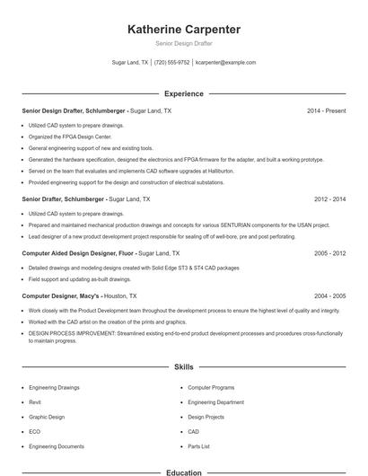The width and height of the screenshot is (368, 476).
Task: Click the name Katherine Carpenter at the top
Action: (184, 29)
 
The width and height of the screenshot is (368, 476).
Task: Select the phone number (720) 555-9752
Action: (171, 63)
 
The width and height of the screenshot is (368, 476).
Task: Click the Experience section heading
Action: (184, 93)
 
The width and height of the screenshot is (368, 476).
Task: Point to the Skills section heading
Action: (184, 367)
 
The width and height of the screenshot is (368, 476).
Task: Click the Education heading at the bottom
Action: (184, 472)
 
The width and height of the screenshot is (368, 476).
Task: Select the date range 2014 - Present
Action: (326, 110)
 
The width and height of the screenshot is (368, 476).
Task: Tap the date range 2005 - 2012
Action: (329, 253)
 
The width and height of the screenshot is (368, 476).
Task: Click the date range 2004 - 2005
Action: (329, 295)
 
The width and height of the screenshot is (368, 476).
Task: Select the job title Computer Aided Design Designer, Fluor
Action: (78, 253)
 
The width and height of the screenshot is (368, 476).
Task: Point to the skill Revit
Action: (35, 402)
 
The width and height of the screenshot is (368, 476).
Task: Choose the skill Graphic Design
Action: (47, 417)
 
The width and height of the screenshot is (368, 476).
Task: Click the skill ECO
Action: (34, 431)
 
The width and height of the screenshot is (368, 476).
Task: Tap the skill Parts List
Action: (198, 445)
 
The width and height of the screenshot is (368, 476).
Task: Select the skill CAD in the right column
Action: (193, 431)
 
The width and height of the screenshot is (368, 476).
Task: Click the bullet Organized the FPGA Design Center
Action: (66, 137)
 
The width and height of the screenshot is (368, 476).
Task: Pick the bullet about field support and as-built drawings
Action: (67, 278)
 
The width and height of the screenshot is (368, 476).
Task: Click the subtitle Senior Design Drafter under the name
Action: (184, 43)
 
